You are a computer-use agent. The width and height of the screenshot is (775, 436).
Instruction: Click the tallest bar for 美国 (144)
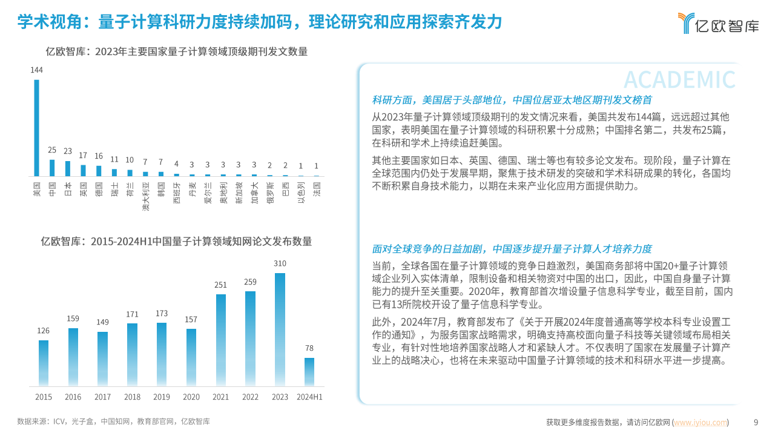[36, 127]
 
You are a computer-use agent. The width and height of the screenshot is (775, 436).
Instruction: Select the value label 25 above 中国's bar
[52, 150]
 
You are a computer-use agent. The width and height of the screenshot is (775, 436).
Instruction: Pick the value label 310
[280, 263]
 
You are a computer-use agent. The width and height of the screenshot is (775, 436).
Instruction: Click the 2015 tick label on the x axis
[44, 397]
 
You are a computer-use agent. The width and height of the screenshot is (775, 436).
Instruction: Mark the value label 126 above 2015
[44, 331]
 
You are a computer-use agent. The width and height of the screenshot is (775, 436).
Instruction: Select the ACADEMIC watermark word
[679, 80]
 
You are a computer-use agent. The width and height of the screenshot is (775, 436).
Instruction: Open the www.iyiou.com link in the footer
[701, 422]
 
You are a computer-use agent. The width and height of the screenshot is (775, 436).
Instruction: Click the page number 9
[755, 422]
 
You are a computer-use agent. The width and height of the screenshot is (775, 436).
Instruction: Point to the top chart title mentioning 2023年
[177, 52]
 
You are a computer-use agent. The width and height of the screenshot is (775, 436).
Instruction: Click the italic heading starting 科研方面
[512, 100]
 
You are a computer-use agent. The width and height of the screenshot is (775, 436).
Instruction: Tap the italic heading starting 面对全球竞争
[512, 249]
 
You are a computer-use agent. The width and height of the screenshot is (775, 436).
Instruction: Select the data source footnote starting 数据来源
[113, 421]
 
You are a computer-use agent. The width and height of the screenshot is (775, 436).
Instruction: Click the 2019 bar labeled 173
[162, 354]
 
